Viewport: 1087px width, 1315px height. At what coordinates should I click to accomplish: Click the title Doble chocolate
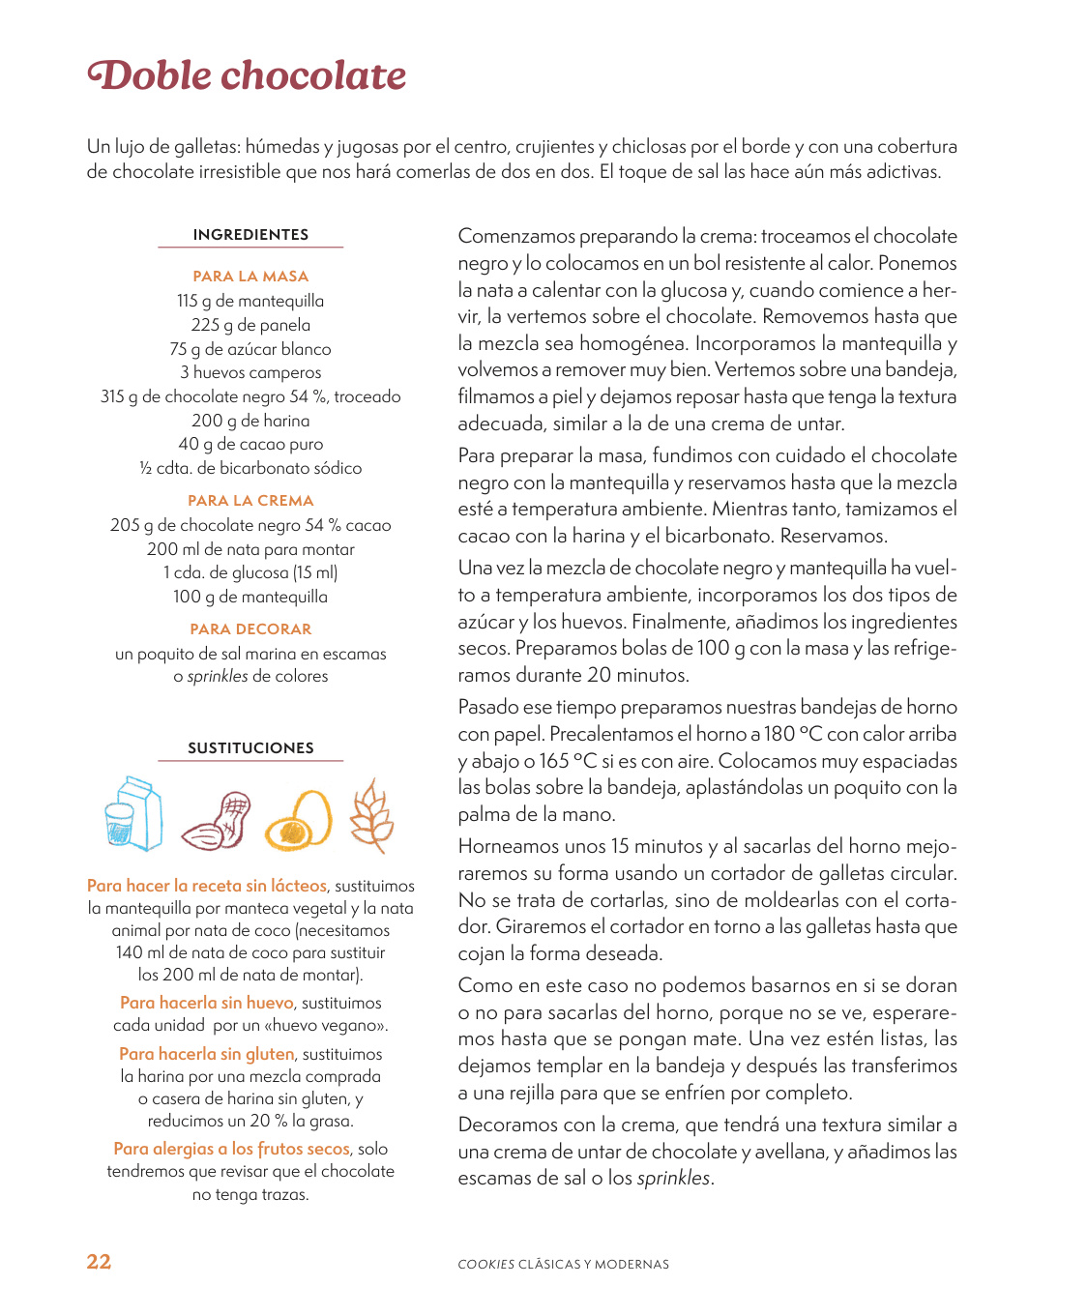coord(247,76)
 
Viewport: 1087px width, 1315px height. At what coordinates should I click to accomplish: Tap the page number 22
coord(99,1262)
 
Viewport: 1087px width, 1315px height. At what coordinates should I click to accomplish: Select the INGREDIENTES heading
coord(250,235)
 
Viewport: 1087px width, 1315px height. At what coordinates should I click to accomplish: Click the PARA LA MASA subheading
coord(250,277)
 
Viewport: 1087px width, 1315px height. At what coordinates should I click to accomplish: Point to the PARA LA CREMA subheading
coord(250,501)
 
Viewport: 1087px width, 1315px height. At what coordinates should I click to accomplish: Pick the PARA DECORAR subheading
coord(250,629)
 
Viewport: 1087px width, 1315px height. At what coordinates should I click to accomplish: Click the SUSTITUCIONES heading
coord(250,748)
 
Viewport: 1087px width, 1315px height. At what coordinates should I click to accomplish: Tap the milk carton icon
coord(133,815)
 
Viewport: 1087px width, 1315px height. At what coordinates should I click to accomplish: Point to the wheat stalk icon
coord(371,816)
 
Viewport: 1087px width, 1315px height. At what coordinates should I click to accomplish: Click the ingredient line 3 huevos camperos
coord(250,372)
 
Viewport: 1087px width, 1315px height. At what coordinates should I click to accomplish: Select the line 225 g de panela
coord(250,325)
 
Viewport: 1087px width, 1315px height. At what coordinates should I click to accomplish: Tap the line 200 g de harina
coord(250,421)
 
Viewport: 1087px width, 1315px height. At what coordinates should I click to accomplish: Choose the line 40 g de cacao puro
coord(250,444)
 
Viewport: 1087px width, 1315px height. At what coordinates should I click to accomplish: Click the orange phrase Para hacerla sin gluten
coord(207,1054)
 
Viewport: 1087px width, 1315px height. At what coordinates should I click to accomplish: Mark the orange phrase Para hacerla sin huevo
coord(207,1003)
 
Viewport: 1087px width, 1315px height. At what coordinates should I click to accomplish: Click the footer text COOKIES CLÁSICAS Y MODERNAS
coord(563,1265)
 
